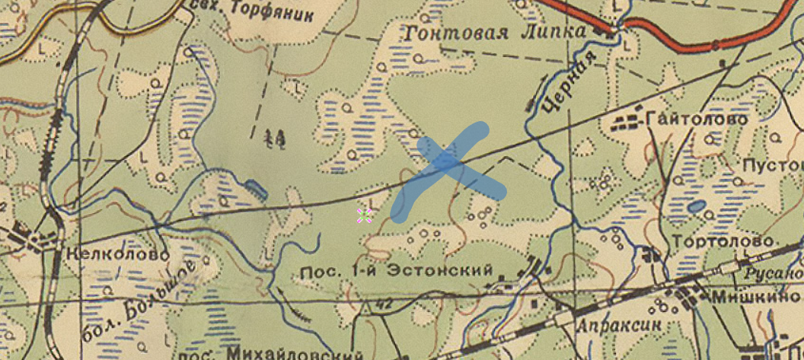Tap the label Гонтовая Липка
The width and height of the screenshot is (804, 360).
495,33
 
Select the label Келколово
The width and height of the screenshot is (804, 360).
118,254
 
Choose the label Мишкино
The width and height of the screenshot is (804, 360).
754,298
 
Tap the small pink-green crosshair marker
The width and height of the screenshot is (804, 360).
364,216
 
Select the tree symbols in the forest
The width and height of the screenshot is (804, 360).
274,138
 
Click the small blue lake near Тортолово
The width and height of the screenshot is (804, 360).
695,206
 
